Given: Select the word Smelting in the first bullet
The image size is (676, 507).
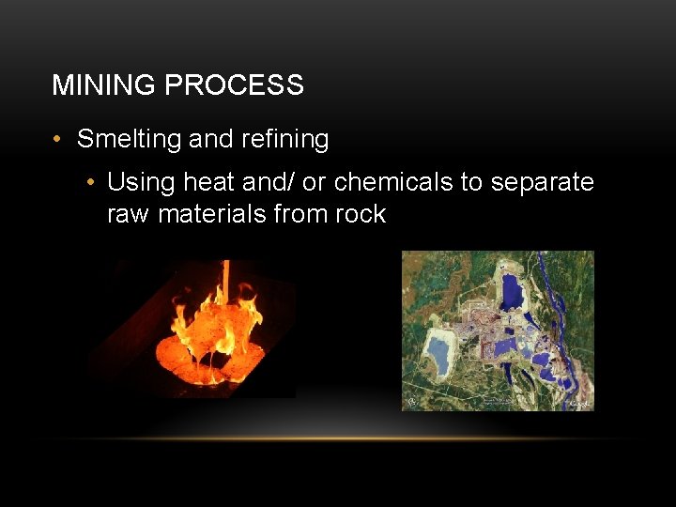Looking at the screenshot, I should pyautogui.click(x=129, y=140).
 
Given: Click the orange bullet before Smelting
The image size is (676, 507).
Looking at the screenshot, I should pyautogui.click(x=58, y=140).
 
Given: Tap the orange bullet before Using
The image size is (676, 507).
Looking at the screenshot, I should pyautogui.click(x=89, y=181).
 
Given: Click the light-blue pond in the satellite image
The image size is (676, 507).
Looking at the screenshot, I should pyautogui.click(x=438, y=354).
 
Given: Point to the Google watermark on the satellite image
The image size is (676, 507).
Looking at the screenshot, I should pyautogui.click(x=579, y=404).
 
